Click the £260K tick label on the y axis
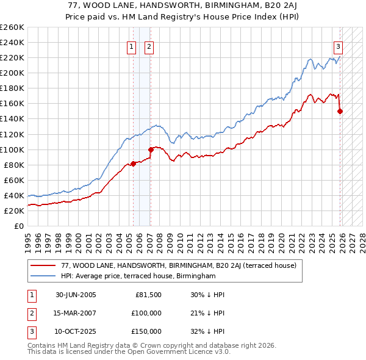pos(12,27)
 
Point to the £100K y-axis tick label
pos(12,149)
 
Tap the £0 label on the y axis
pos(18,226)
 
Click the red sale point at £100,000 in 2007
pos(151,149)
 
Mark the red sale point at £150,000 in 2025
pos(340,111)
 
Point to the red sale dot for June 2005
pos(133,163)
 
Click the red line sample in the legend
pos(43,265)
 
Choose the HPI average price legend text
pos(138,276)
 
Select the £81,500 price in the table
pos(148,295)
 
